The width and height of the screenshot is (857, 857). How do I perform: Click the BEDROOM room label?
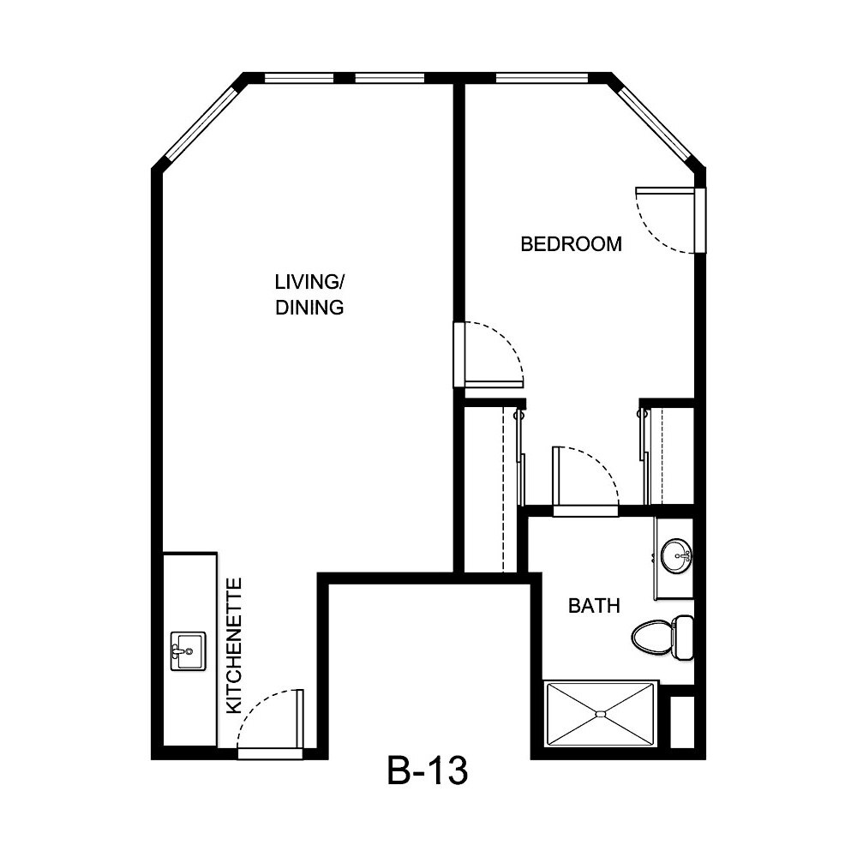click(x=571, y=244)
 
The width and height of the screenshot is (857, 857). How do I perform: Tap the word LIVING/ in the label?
click(x=309, y=282)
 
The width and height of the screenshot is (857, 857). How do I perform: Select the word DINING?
click(x=309, y=308)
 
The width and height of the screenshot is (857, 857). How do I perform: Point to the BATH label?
click(x=594, y=607)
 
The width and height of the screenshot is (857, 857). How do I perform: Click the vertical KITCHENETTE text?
click(x=234, y=646)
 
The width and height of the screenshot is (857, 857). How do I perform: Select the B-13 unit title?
click(x=426, y=771)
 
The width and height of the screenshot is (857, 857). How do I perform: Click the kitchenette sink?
click(x=188, y=652)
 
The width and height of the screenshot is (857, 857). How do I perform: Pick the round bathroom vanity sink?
click(x=677, y=555)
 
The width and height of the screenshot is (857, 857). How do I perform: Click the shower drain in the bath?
click(x=602, y=713)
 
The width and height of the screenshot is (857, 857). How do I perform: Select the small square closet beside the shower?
click(x=682, y=723)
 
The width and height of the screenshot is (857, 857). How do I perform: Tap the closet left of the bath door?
click(x=494, y=488)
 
